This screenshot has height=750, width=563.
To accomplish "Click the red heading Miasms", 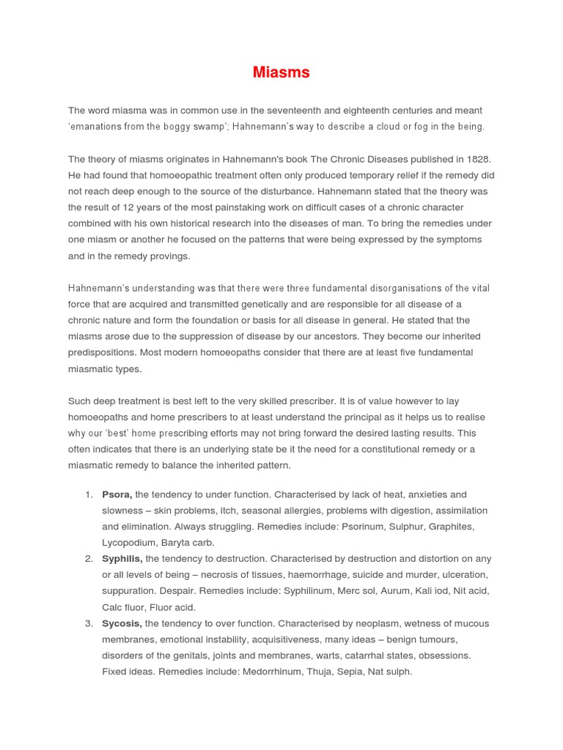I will (x=281, y=73).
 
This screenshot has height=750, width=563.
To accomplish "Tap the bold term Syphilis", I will (x=122, y=559).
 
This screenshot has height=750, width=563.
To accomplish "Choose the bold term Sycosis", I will (x=122, y=623).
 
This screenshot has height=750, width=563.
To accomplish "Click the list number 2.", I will (x=89, y=559).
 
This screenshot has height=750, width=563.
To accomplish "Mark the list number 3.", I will (x=89, y=623).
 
